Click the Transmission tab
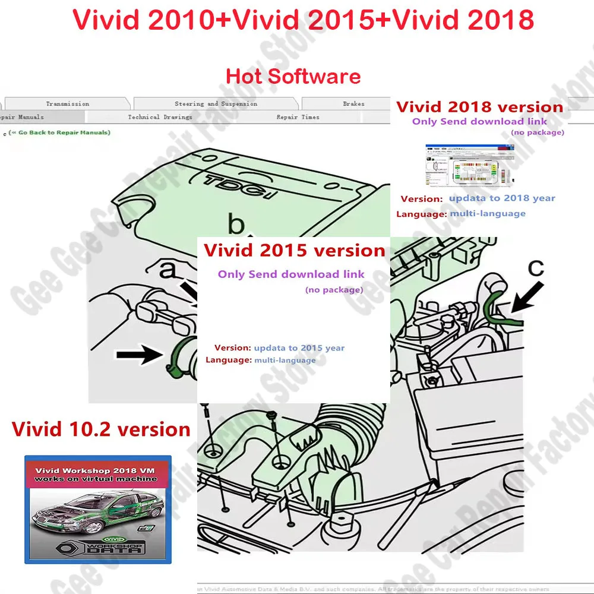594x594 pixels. [67, 104]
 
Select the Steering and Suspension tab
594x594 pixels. [216, 104]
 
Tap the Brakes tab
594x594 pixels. [353, 104]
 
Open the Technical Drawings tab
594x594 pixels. [160, 117]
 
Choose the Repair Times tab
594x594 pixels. [298, 117]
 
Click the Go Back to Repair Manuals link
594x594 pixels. [59, 132]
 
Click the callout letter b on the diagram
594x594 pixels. [236, 225]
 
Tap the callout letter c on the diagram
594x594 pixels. [536, 268]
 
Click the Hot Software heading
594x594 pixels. [293, 76]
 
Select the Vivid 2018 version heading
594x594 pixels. [479, 107]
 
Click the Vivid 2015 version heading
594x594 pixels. [294, 250]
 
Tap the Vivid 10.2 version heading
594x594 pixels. [101, 429]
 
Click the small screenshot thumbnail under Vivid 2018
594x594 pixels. [469, 167]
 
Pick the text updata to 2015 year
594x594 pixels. [299, 348]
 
